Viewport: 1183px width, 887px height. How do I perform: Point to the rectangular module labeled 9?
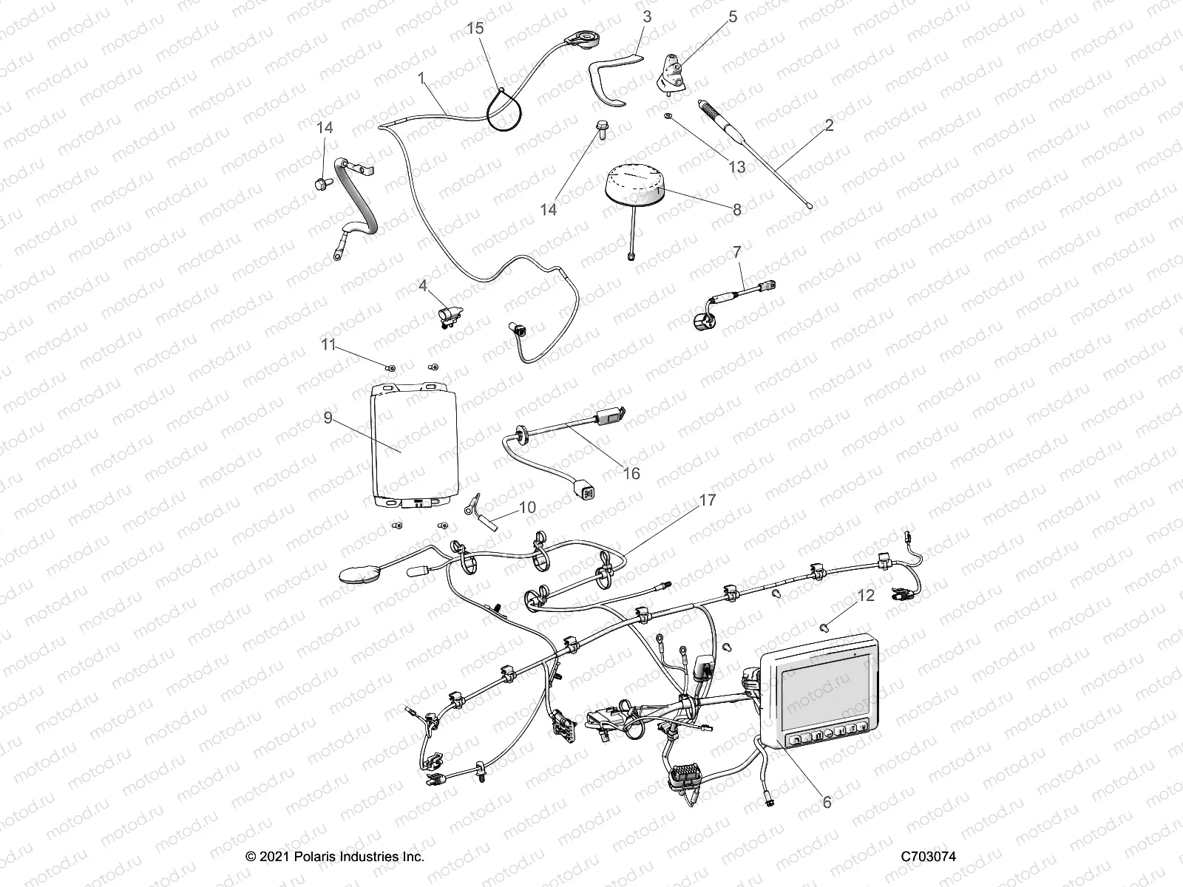coord(413,447)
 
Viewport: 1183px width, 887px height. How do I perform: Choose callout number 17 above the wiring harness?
coord(707,501)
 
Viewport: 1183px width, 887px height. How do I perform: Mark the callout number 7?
coord(736,254)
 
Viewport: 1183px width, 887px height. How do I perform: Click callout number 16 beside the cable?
coord(631,473)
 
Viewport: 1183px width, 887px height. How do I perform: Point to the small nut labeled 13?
coord(668,118)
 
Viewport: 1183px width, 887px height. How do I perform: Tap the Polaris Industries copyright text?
coord(335,857)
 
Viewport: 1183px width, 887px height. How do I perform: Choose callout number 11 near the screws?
coord(328,344)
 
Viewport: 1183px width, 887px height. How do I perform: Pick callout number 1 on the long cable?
coord(421,78)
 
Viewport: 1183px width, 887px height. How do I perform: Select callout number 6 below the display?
coord(827,801)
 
